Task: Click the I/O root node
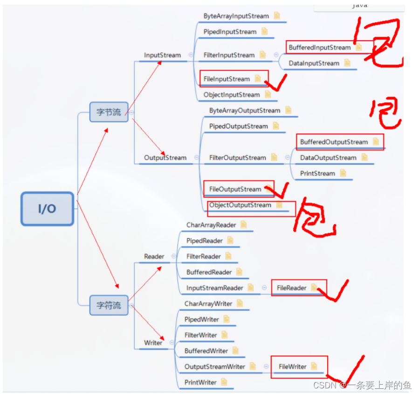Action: tap(47, 209)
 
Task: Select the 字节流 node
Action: tap(109, 112)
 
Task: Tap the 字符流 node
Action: tap(109, 305)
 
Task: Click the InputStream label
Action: tap(162, 55)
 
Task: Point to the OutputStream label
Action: tap(165, 158)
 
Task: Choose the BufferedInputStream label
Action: tap(319, 48)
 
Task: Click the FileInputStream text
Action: tap(227, 79)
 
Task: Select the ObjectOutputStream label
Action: tap(240, 205)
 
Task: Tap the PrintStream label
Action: tap(317, 173)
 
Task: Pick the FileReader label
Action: tap(291, 288)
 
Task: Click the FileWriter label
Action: tap(292, 366)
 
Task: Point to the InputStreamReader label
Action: tap(214, 288)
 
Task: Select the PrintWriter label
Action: tap(200, 382)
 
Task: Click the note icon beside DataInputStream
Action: tap(347, 63)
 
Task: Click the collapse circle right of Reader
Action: tap(173, 256)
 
